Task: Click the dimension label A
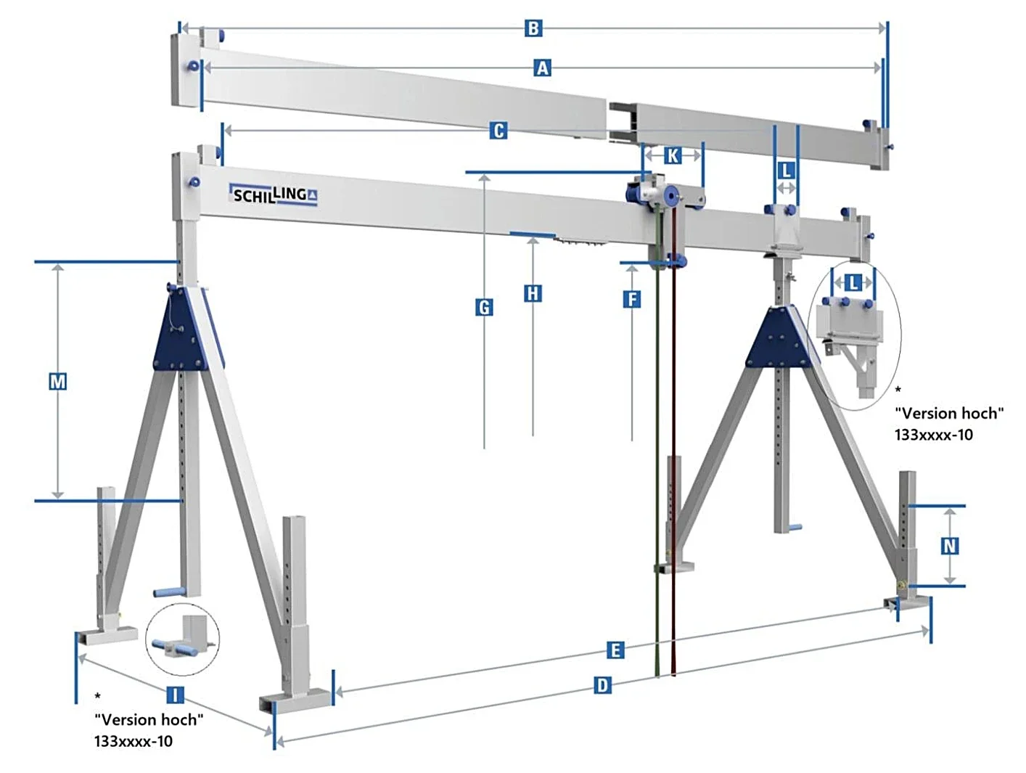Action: (542, 68)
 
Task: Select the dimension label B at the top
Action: (533, 28)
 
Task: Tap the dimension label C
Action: (498, 131)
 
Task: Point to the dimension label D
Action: (602, 686)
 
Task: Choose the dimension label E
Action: (615, 650)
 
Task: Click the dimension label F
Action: (632, 299)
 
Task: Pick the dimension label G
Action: (484, 308)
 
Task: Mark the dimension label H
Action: (533, 293)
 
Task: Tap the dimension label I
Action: (175, 695)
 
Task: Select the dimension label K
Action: (672, 155)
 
